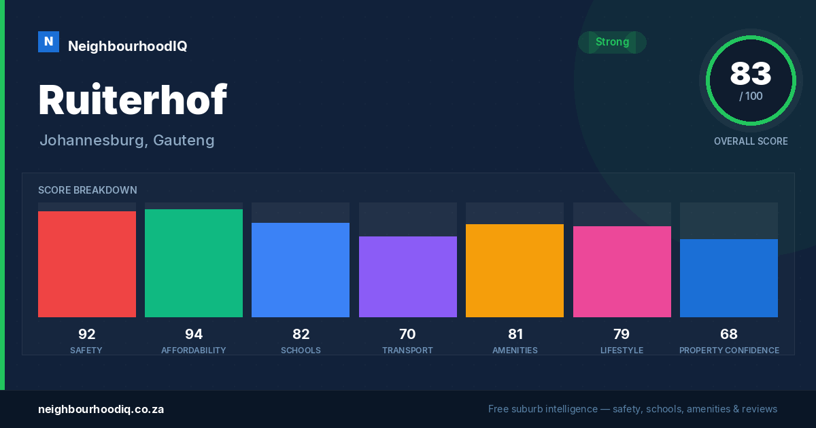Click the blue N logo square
tap(48, 42)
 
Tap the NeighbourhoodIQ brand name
tap(128, 46)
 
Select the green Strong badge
tap(612, 42)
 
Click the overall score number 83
tap(751, 73)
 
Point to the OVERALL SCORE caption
tap(751, 141)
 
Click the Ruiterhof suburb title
tap(133, 99)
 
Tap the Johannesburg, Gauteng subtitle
tap(127, 141)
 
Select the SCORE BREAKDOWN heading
tap(88, 190)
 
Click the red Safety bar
tap(87, 264)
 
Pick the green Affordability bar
tap(194, 263)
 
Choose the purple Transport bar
tap(408, 277)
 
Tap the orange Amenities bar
tap(515, 271)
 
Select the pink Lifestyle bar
tap(622, 272)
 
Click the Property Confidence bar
tap(729, 278)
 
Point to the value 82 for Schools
tap(301, 334)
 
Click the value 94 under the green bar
tap(194, 334)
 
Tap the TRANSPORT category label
tap(407, 351)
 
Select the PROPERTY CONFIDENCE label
tap(729, 351)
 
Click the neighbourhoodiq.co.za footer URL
tap(101, 410)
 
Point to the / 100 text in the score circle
tap(751, 96)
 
